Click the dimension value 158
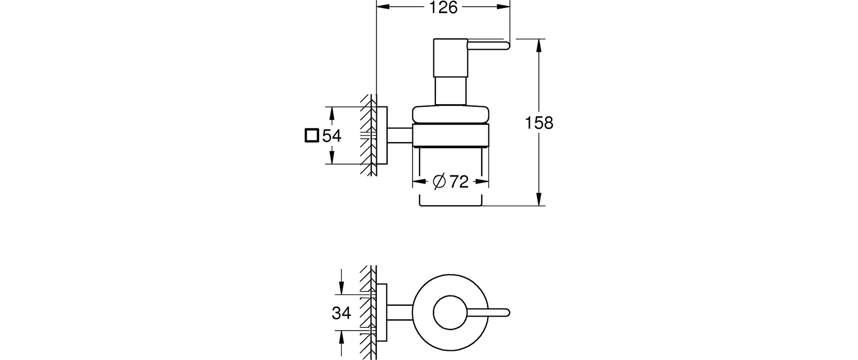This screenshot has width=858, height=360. (539, 123)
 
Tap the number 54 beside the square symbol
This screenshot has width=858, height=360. (332, 136)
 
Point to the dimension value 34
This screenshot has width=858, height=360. (341, 313)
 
